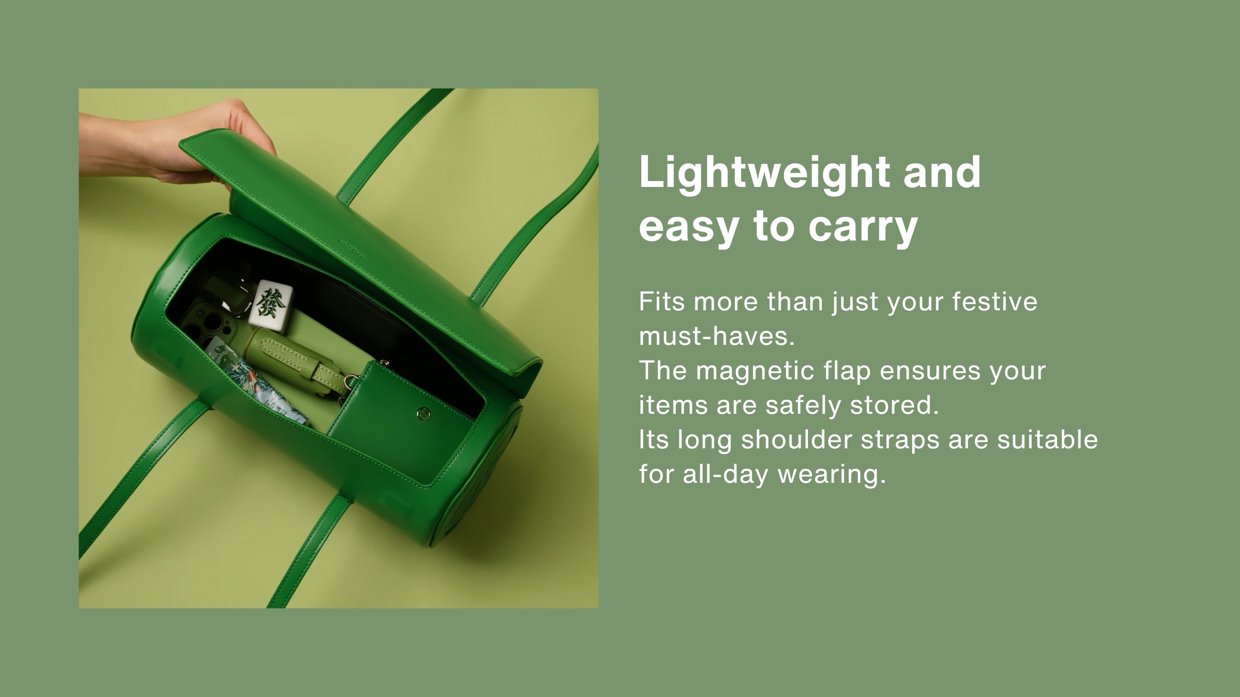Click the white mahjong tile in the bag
pyautogui.click(x=271, y=305)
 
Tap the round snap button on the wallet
pyautogui.click(x=423, y=413)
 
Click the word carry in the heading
pyautogui.click(x=863, y=227)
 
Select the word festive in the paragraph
pyautogui.click(x=994, y=302)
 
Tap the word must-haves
pyautogui.click(x=717, y=336)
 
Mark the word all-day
pyautogui.click(x=725, y=475)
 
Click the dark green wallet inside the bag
pyautogui.click(x=399, y=419)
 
